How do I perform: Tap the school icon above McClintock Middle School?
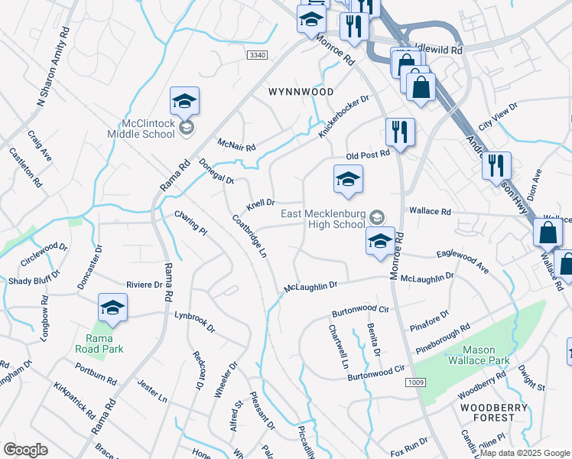coord(184,100)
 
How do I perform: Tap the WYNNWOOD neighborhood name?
coord(301,91)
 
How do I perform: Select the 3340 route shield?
coord(258,54)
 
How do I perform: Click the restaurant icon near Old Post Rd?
coord(400,132)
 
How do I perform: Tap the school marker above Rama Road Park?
coord(112,308)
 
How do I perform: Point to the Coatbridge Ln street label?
coord(249,236)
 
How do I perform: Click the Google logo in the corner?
coord(25,450)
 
